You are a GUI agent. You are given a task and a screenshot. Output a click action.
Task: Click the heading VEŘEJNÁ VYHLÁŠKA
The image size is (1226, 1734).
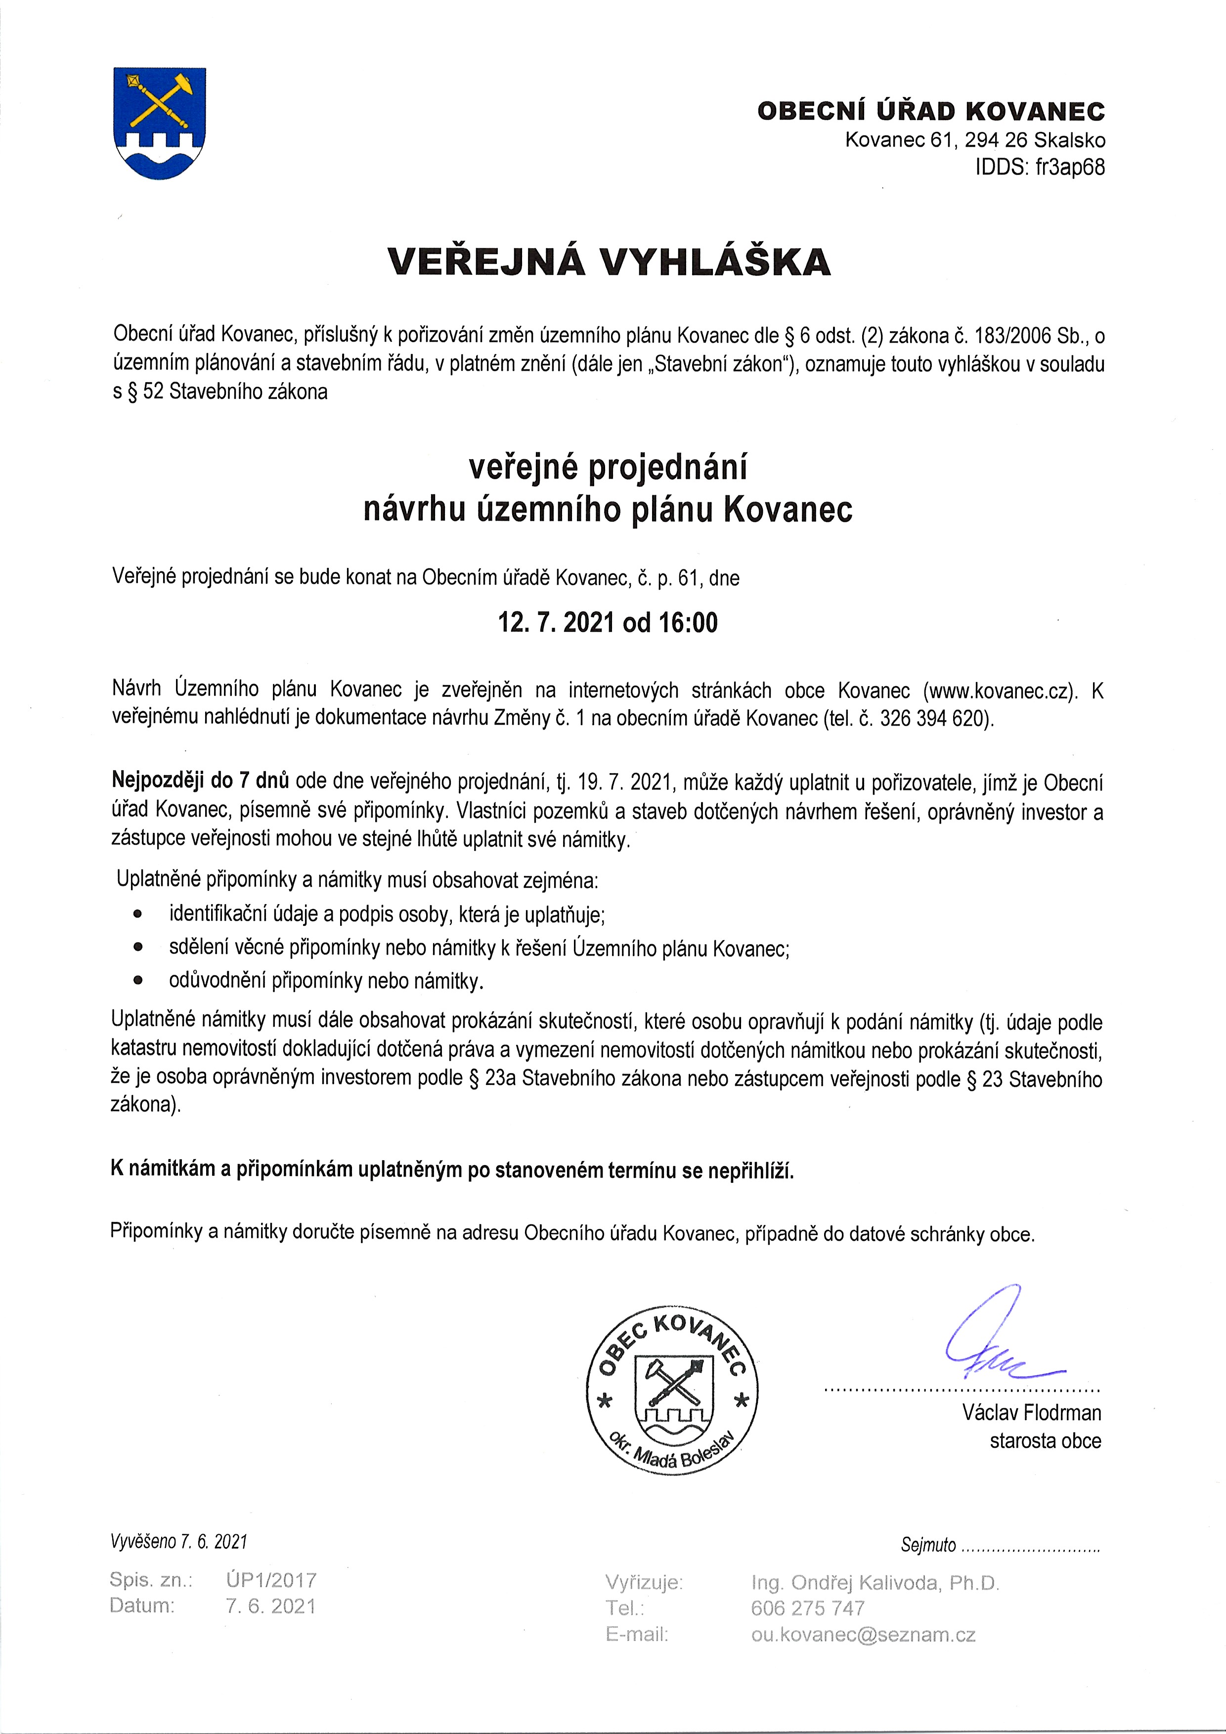tap(609, 261)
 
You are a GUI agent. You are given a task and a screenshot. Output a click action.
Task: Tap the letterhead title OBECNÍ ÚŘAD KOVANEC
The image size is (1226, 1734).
tap(931, 112)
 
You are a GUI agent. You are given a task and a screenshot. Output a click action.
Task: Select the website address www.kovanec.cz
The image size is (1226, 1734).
tap(1000, 690)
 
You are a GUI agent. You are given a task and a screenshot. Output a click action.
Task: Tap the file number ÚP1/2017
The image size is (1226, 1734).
tap(270, 1580)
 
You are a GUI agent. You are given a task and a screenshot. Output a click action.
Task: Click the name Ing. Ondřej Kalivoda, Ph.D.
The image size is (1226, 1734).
tap(875, 1583)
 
